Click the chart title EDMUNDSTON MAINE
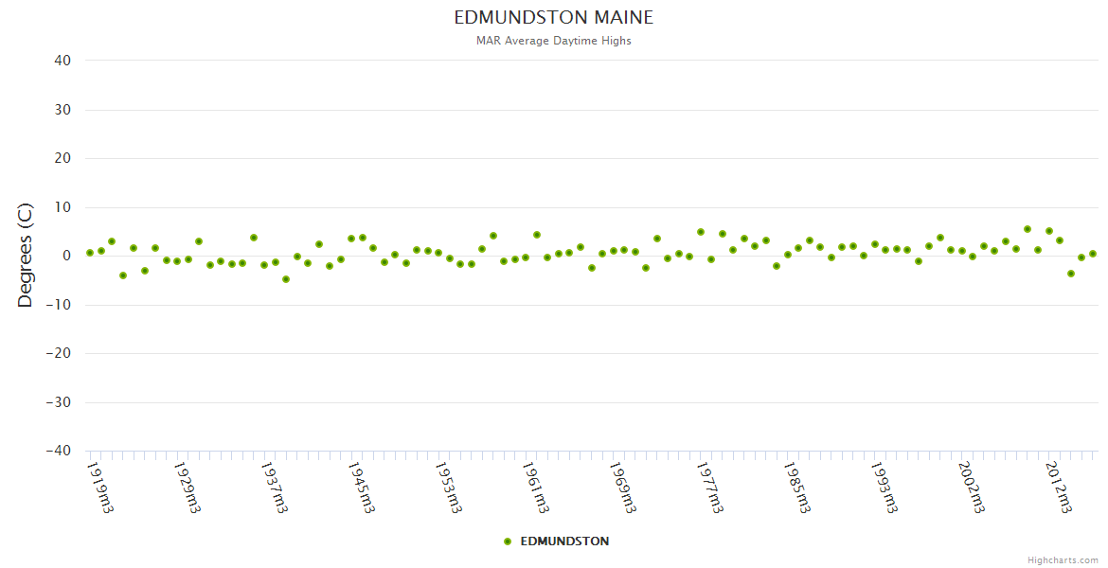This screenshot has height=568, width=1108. point(554,18)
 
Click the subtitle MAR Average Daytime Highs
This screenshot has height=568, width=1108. point(554,41)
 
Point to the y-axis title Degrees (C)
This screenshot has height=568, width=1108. point(26,256)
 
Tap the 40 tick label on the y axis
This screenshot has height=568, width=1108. point(63,61)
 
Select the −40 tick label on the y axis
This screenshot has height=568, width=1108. point(58,452)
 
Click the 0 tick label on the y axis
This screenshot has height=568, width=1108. point(66,256)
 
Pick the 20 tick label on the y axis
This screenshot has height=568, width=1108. point(63,158)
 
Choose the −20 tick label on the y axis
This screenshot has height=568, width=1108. point(58,354)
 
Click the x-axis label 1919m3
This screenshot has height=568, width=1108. point(100,487)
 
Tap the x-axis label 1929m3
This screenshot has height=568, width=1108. point(188,487)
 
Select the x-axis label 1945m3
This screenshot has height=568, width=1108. point(362,487)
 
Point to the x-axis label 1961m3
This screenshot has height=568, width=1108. point(536,487)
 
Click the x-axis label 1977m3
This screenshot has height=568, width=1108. point(710,487)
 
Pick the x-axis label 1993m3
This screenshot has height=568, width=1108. point(885,487)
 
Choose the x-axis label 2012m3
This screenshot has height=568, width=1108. point(1059,487)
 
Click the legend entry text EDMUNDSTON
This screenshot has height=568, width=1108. point(564,541)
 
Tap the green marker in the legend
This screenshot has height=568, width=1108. point(508,541)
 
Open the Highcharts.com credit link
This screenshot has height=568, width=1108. point(1063,560)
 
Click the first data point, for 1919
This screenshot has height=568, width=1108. point(90,253)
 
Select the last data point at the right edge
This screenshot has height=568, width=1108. point(1092,254)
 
